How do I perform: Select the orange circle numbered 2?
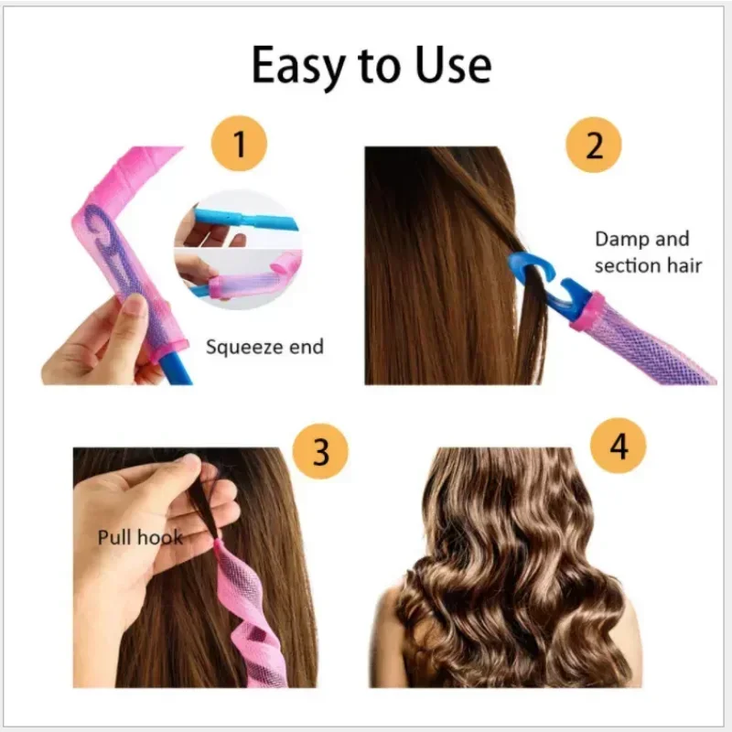594,145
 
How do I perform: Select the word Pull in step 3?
115,537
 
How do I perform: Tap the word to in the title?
376,65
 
